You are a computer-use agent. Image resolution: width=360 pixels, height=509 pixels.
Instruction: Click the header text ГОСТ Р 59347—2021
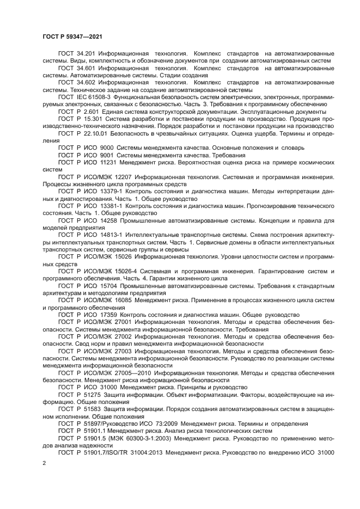coord(72,36)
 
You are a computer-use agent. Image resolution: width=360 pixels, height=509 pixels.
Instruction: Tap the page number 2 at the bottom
coord(44,462)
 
